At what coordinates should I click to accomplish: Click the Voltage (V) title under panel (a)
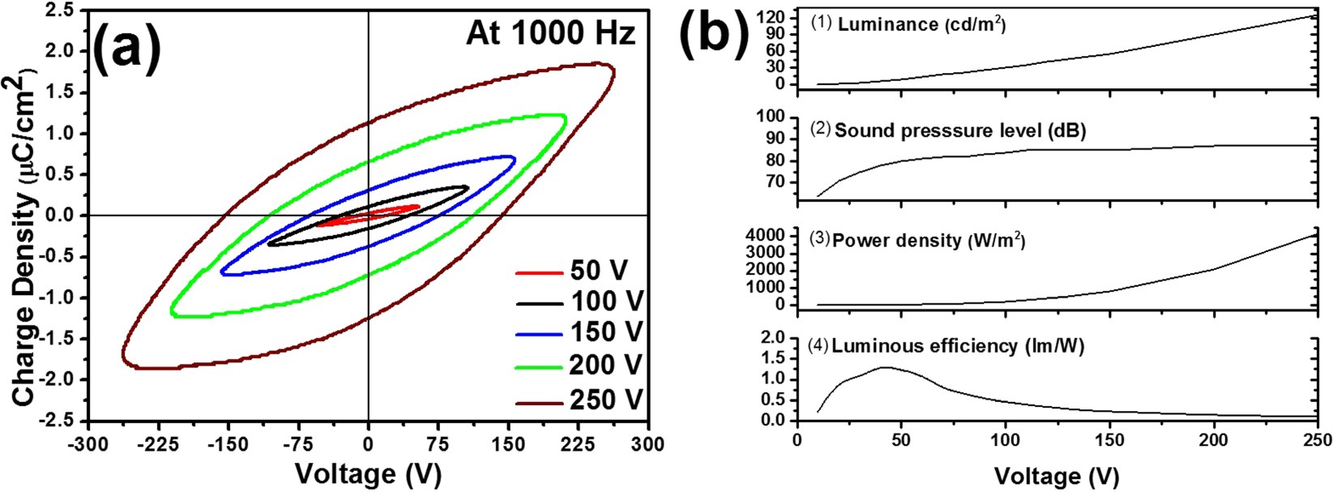(x=368, y=474)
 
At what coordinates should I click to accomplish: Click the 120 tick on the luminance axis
(x=774, y=16)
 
